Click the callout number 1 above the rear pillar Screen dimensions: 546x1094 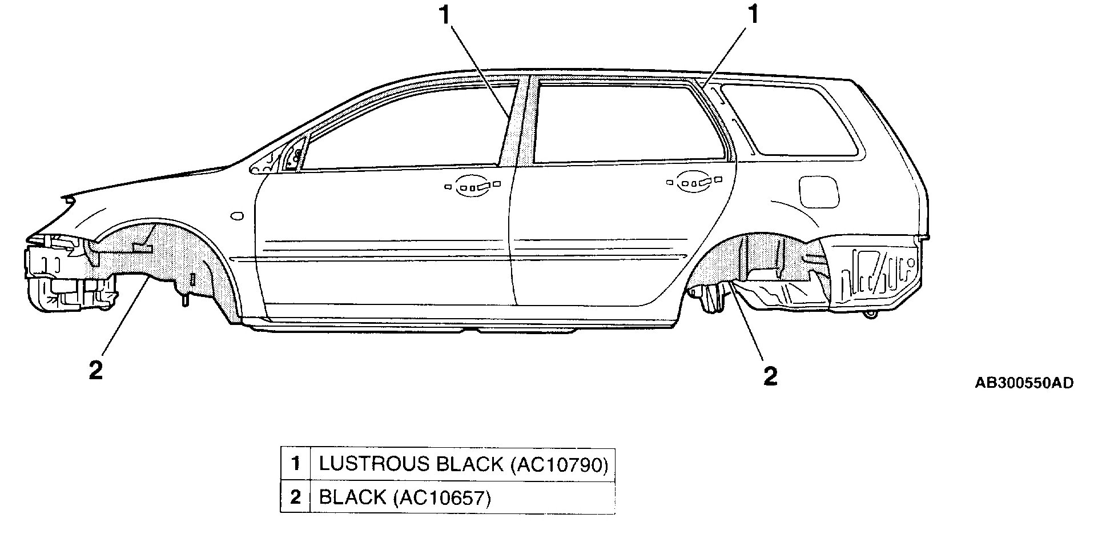(x=754, y=14)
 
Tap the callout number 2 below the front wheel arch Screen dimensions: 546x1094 (x=96, y=370)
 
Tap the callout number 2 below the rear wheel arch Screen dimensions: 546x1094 (x=770, y=376)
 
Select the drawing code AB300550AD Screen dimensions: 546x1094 (x=1024, y=383)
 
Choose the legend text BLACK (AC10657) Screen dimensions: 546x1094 (x=405, y=497)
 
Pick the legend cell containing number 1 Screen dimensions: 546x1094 (x=295, y=464)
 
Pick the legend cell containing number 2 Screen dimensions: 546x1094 (x=295, y=497)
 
